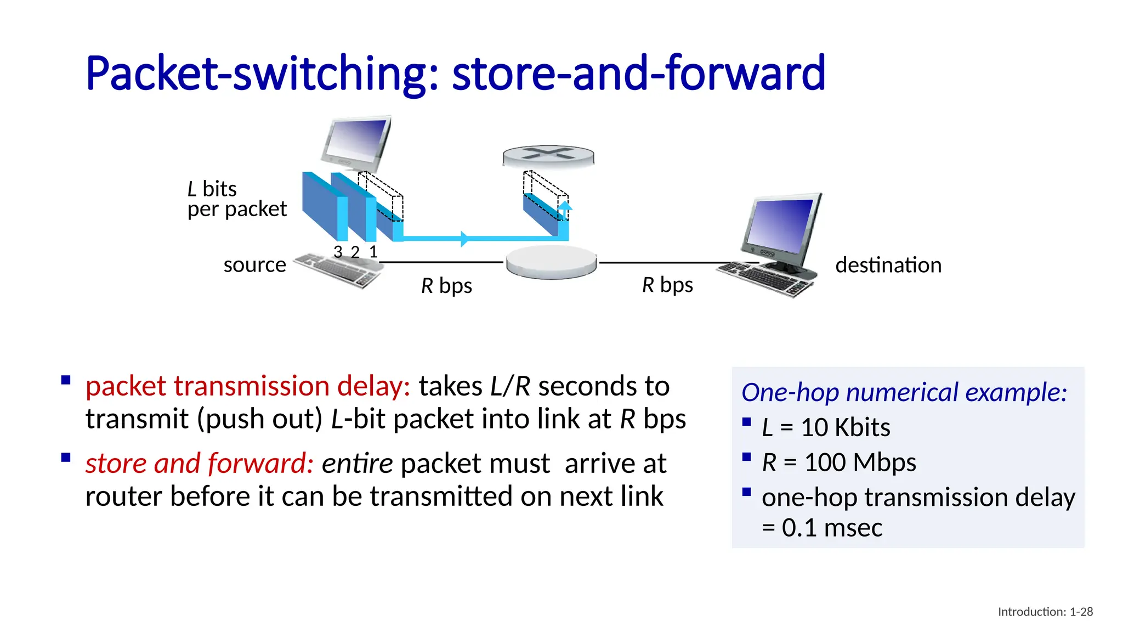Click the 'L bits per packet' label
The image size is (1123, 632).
(x=236, y=199)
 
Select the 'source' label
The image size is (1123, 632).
(x=254, y=265)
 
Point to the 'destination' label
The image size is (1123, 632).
(x=888, y=265)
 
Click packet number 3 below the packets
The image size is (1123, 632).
(x=338, y=252)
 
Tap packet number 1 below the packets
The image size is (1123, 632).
(x=373, y=252)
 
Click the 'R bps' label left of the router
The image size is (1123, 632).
(x=446, y=286)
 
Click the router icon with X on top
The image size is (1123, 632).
(x=548, y=156)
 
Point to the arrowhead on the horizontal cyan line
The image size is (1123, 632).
(x=464, y=239)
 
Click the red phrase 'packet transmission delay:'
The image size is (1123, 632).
(x=248, y=386)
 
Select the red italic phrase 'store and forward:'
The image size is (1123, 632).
(x=200, y=463)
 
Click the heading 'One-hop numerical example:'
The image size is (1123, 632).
(x=904, y=392)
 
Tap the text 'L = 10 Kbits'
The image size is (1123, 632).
(x=826, y=427)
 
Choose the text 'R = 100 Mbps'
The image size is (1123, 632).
(x=838, y=462)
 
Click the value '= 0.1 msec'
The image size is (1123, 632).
(x=822, y=528)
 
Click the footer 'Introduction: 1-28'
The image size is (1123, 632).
(x=1045, y=612)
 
